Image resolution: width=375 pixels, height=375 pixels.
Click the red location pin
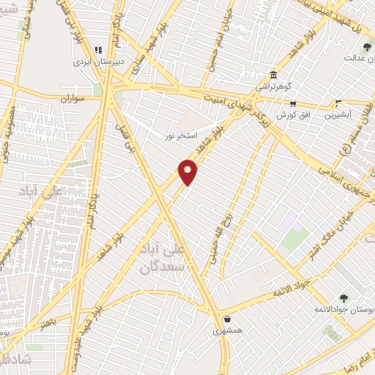click(x=188, y=171)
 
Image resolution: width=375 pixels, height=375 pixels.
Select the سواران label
click(x=74, y=97)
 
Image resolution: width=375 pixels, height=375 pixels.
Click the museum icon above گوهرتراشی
click(x=273, y=74)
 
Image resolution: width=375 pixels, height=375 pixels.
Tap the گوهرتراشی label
click(x=272, y=87)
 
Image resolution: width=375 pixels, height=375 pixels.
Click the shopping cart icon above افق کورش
click(x=293, y=103)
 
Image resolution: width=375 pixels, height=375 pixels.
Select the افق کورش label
click(x=293, y=116)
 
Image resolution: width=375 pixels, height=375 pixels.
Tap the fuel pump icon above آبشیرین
click(x=338, y=103)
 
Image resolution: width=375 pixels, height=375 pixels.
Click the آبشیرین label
click(x=338, y=116)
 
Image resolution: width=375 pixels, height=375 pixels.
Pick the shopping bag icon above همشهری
click(x=227, y=319)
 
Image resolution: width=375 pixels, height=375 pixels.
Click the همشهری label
click(x=227, y=331)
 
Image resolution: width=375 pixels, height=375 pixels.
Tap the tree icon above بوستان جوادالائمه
click(x=343, y=297)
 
